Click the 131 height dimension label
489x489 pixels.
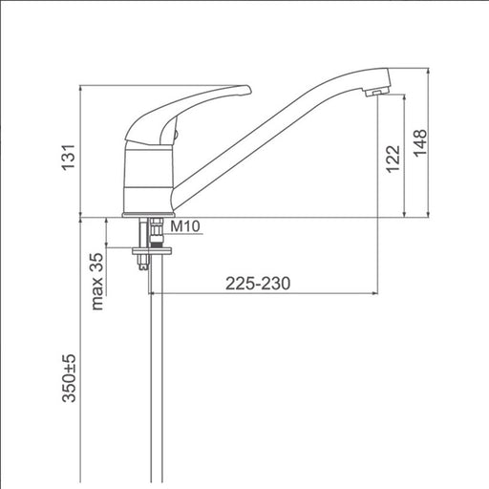click(x=69, y=158)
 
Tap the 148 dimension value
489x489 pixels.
click(x=420, y=143)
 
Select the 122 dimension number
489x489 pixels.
click(x=393, y=159)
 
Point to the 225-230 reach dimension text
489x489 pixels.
click(x=258, y=284)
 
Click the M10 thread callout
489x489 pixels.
click(x=185, y=226)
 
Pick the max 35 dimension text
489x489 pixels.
click(x=97, y=282)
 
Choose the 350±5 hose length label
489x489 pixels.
click(x=69, y=378)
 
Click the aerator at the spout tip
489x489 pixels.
click(x=377, y=92)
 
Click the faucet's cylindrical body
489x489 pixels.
click(x=148, y=179)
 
